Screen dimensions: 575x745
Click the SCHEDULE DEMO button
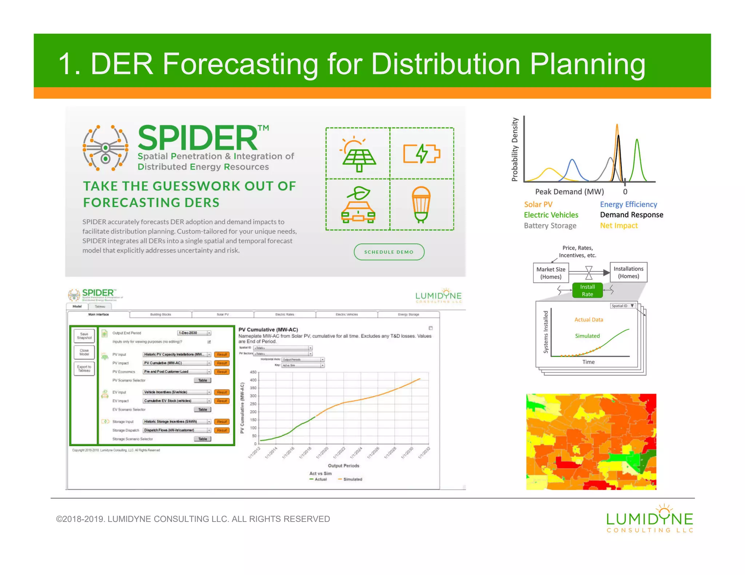point(389,252)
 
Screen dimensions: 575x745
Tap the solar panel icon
point(358,154)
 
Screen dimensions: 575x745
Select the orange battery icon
point(422,153)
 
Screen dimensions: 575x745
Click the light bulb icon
point(421,205)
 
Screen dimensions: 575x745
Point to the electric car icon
point(358,205)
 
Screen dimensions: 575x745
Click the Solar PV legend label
point(538,204)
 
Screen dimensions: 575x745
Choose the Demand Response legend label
point(632,215)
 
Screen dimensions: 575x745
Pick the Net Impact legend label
point(619,226)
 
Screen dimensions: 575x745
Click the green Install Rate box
point(587,290)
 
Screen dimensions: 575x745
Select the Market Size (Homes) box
point(551,273)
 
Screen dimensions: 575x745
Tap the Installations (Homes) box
point(628,272)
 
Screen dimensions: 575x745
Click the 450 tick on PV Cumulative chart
point(253,372)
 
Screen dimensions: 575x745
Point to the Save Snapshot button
point(84,336)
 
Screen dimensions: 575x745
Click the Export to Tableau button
point(84,369)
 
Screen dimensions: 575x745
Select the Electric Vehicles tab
point(347,314)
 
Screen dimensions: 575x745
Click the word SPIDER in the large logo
point(198,138)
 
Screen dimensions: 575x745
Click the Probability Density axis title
point(514,149)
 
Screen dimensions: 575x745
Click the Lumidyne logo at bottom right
point(650,519)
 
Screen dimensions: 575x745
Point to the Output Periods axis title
point(343,466)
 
